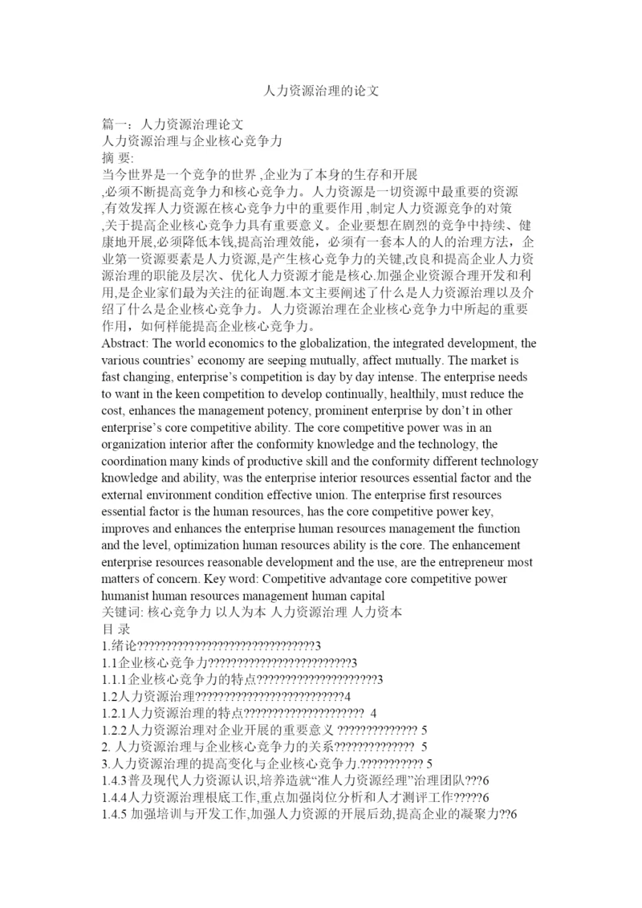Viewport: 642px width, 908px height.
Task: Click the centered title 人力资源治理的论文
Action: (321, 91)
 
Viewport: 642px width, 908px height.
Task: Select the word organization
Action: (138, 444)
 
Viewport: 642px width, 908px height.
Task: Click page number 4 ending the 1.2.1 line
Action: (373, 713)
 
